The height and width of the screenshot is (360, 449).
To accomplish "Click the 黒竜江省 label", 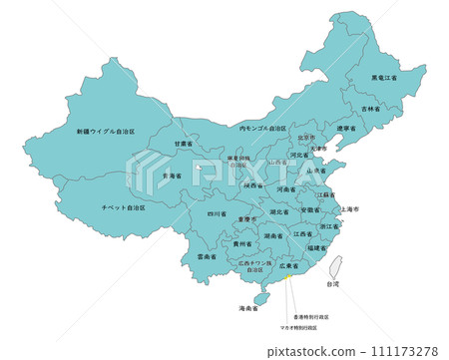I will [x=384, y=77].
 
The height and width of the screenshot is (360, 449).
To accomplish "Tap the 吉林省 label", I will [x=369, y=108].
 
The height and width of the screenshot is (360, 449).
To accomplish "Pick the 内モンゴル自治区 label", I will [x=263, y=128].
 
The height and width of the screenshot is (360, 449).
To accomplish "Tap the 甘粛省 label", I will [x=183, y=144].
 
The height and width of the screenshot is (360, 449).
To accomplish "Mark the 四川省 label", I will [x=218, y=213].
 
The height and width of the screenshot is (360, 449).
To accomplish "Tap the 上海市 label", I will [x=349, y=209].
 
